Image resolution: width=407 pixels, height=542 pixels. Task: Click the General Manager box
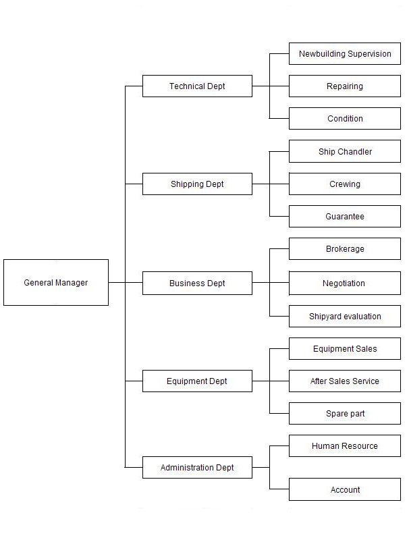coord(56,282)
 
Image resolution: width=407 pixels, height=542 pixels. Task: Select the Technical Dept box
coord(197,86)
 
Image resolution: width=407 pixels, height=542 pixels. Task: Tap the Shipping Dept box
coord(197,184)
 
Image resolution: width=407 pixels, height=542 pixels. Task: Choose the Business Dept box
coord(197,283)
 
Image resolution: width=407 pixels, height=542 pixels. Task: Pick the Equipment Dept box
coord(197,381)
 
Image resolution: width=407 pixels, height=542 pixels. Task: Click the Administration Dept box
coord(197,467)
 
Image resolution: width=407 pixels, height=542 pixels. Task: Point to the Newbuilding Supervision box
coord(345,53)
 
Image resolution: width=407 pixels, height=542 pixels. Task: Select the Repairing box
coord(345,86)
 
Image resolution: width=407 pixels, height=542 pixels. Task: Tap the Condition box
coord(345,119)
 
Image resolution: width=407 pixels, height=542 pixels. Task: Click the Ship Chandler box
coord(345,151)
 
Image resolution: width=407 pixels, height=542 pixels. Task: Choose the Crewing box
coord(345,184)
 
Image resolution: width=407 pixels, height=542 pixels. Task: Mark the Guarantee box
coord(345,217)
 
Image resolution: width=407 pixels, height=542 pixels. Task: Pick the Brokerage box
coord(345,248)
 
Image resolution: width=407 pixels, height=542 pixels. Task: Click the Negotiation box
coord(345,283)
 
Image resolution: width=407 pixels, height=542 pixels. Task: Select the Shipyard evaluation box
coord(345,316)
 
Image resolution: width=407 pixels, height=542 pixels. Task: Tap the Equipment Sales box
coord(345,348)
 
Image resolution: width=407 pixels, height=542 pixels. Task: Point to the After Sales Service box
coord(345,381)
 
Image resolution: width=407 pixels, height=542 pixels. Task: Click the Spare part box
coord(345,413)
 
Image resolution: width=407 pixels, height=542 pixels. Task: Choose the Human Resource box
coord(345,446)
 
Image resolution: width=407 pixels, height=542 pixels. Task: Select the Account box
coord(345,489)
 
